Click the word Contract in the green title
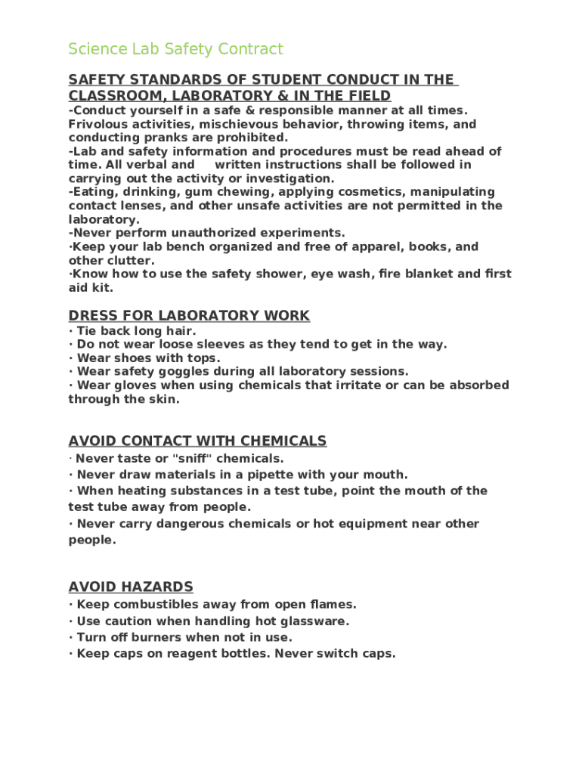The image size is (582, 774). click(250, 49)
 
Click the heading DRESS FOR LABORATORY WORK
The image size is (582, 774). click(189, 315)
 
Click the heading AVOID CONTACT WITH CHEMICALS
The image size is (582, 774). click(197, 441)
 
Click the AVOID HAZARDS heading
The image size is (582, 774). click(131, 587)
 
